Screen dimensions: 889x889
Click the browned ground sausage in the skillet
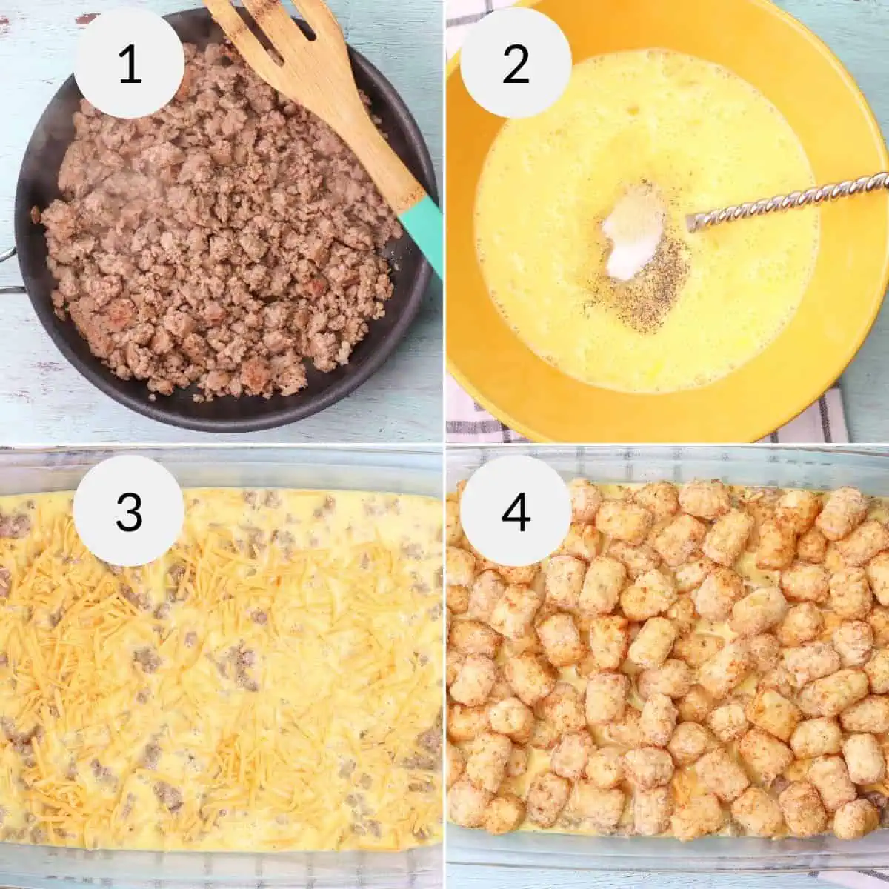click(215, 244)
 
